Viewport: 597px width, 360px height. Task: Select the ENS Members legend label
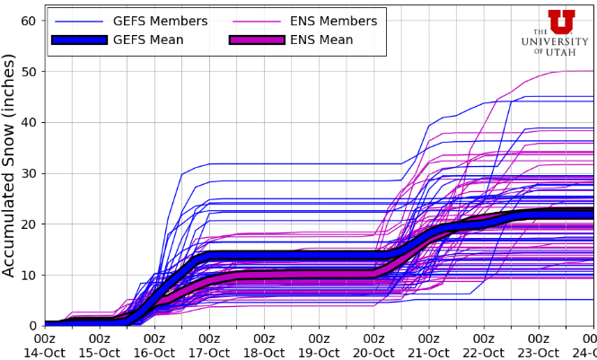pyautogui.click(x=333, y=21)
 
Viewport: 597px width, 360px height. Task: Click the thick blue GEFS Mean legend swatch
pyautogui.click(x=80, y=40)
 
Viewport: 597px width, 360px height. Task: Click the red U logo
pyautogui.click(x=561, y=22)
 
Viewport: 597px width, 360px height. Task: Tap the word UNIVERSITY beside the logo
pyautogui.click(x=561, y=42)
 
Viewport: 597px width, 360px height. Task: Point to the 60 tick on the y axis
pyautogui.click(x=27, y=21)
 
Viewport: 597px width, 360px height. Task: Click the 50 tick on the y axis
pyautogui.click(x=27, y=72)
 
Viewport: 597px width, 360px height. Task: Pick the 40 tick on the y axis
pyautogui.click(x=27, y=122)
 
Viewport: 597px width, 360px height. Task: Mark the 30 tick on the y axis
pyautogui.click(x=27, y=173)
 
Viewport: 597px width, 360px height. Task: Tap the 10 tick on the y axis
pyautogui.click(x=27, y=275)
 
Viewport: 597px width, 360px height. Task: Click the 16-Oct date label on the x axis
pyautogui.click(x=154, y=352)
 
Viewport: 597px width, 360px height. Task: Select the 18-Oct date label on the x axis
pyautogui.click(x=264, y=352)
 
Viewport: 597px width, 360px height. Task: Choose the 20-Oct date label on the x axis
pyautogui.click(x=373, y=352)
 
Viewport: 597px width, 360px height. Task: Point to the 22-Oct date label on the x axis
pyautogui.click(x=483, y=352)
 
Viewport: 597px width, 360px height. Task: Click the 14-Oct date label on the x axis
pyautogui.click(x=45, y=352)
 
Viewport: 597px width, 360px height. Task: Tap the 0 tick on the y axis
pyautogui.click(x=31, y=325)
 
